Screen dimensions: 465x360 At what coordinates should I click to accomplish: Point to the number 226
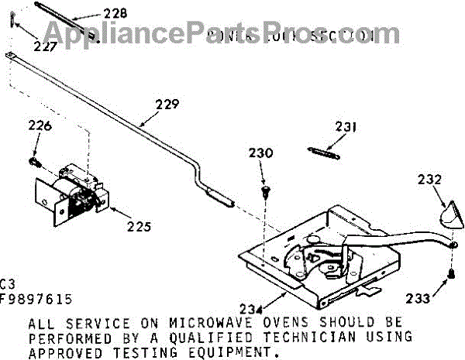pyautogui.click(x=40, y=126)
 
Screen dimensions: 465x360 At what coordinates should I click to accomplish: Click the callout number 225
pyautogui.click(x=139, y=228)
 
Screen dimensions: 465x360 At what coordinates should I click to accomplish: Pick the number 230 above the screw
pyautogui.click(x=260, y=153)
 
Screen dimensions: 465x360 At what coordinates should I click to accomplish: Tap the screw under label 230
pyautogui.click(x=266, y=189)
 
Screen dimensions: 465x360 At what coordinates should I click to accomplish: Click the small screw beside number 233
pyautogui.click(x=450, y=273)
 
